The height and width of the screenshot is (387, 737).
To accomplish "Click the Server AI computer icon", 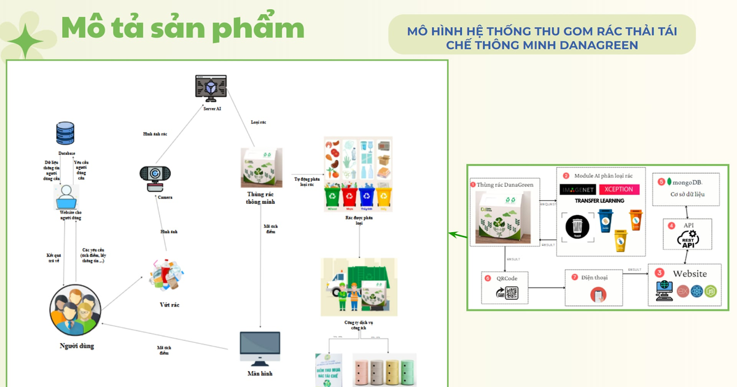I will pyautogui.click(x=211, y=88).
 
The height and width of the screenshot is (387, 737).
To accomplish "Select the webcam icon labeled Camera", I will pyautogui.click(x=155, y=178).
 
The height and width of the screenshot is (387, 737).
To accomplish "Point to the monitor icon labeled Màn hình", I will pyautogui.click(x=260, y=349).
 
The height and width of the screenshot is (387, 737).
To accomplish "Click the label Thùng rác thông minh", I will pyautogui.click(x=260, y=198).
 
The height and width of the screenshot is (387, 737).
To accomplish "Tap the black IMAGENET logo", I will pyautogui.click(x=577, y=189).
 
